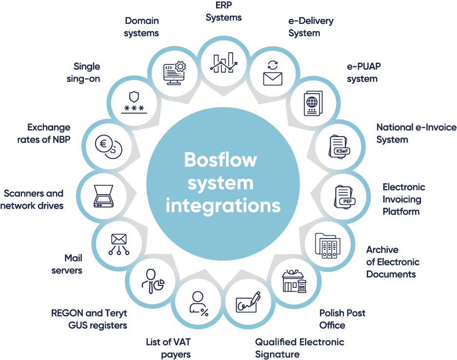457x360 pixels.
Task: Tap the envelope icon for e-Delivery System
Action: (x=273, y=74)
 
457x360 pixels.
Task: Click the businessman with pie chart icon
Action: (x=152, y=282)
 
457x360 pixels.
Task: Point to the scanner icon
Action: (x=104, y=196)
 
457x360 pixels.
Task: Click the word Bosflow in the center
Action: (x=220, y=160)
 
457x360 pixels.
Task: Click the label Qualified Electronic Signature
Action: (x=299, y=348)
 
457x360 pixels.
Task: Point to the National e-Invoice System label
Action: (x=416, y=133)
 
